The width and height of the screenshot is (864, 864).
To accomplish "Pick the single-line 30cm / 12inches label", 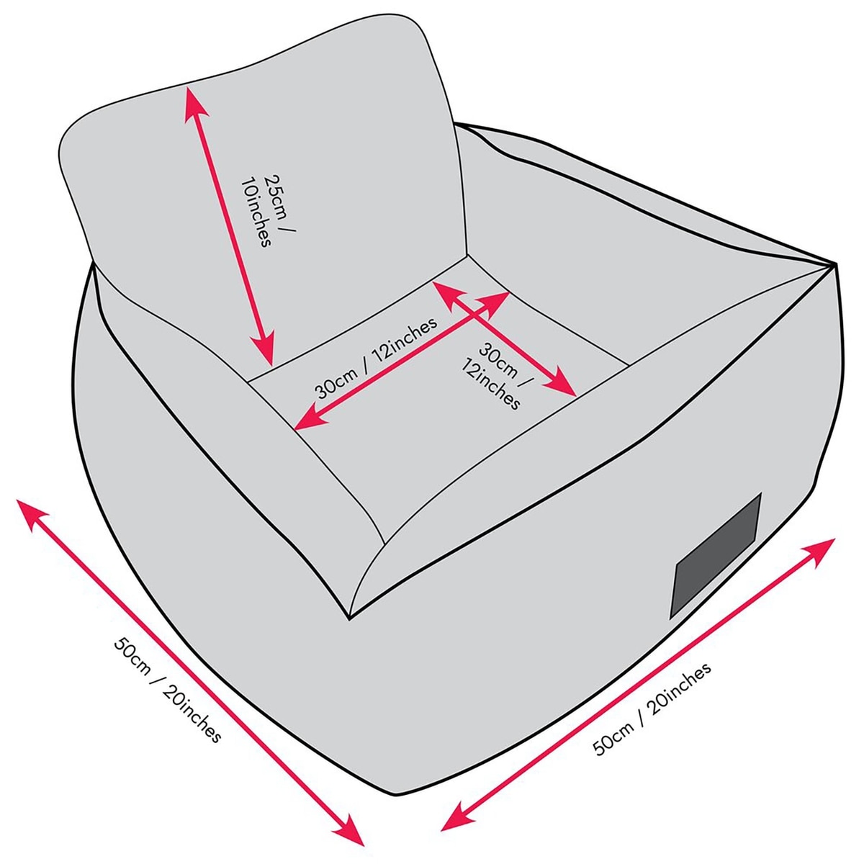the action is pyautogui.click(x=377, y=358).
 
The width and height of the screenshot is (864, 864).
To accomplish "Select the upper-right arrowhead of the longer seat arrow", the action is pyautogui.click(x=494, y=300).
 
